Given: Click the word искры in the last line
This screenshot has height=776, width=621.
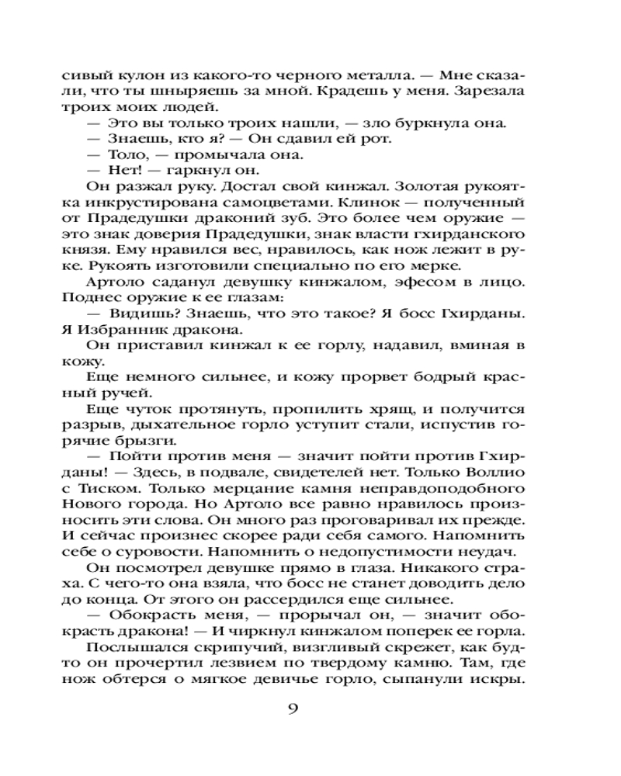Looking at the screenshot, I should (x=500, y=681).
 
